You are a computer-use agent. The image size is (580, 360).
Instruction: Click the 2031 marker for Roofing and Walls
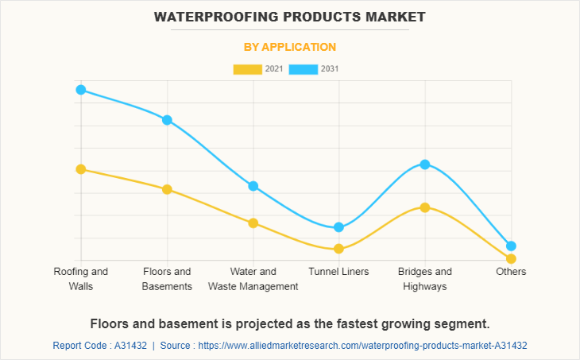[81, 90]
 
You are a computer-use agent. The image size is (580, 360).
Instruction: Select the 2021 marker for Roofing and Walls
[81, 169]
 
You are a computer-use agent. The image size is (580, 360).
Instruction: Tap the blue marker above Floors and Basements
[167, 120]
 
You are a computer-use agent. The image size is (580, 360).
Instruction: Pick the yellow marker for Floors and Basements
[167, 189]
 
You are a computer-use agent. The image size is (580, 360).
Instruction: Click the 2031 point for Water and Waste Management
[253, 186]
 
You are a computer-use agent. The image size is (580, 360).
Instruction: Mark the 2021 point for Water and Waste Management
[253, 223]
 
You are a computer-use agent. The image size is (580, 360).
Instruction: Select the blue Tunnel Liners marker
[339, 227]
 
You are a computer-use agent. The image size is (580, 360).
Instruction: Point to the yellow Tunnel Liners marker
[339, 249]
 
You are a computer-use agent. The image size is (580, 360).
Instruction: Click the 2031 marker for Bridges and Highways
[425, 165]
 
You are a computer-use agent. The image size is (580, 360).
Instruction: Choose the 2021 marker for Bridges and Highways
[425, 207]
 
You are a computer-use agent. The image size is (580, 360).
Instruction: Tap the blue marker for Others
[511, 246]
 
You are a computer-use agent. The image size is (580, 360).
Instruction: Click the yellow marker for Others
[511, 258]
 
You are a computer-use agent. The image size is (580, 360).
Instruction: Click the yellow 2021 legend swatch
[248, 69]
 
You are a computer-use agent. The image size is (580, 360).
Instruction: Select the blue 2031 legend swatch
[304, 69]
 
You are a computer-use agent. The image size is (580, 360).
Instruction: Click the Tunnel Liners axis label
[339, 272]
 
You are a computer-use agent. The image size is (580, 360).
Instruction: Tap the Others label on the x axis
[511, 272]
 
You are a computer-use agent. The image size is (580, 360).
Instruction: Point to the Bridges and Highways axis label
[425, 279]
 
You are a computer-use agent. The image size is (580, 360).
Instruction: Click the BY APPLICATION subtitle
[290, 47]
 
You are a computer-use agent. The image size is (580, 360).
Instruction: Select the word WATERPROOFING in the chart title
[209, 16]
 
